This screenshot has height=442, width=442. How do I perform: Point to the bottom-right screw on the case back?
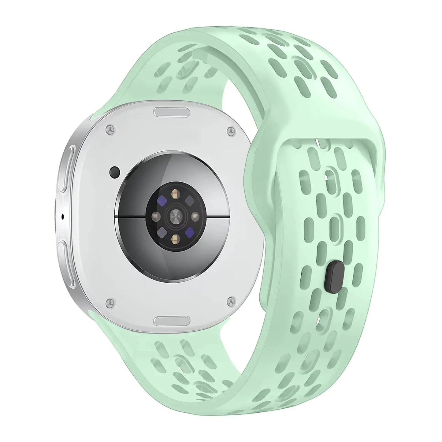(x=231, y=302)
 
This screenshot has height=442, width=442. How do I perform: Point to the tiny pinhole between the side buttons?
(x=63, y=217)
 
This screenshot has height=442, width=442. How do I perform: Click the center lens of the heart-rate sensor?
(x=175, y=217)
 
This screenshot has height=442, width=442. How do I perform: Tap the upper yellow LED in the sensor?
(x=175, y=193)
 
